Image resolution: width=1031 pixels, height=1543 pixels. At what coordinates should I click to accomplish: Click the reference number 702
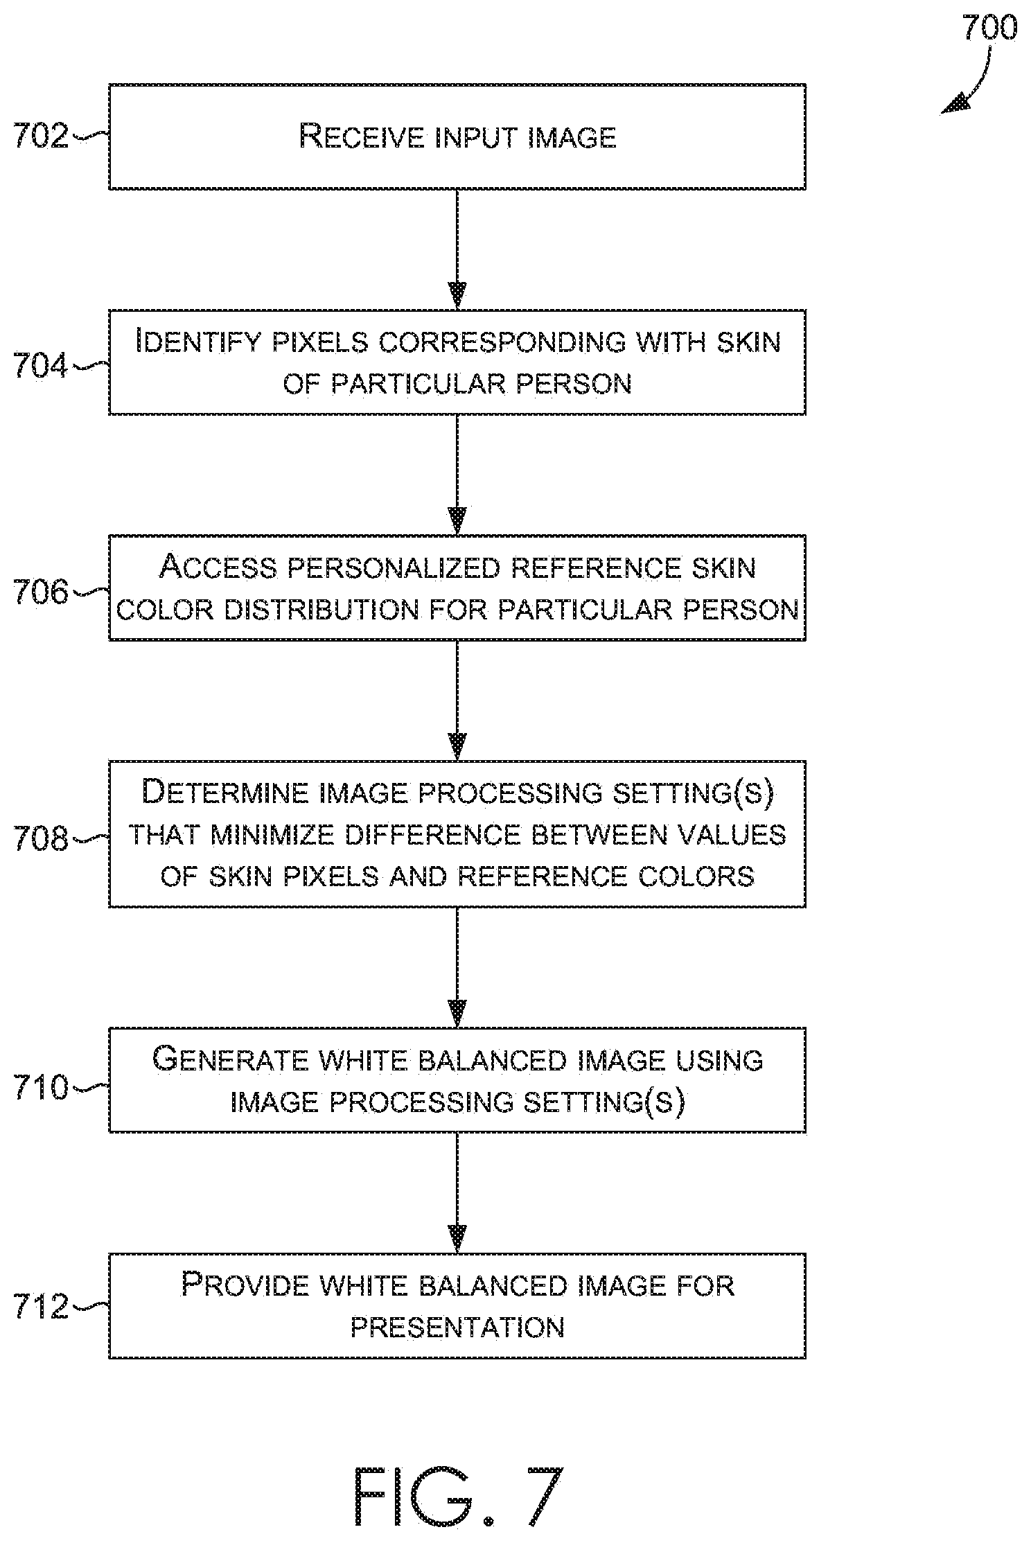click(x=41, y=136)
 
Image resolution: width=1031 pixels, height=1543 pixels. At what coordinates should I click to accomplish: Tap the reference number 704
click(x=41, y=366)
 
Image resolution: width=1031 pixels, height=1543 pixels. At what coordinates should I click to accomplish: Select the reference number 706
click(x=41, y=592)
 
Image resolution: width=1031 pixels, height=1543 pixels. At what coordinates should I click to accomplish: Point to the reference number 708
click(x=41, y=838)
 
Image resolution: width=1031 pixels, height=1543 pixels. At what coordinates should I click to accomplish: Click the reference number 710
click(x=41, y=1087)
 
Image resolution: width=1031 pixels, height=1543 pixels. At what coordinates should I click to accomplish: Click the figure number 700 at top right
click(x=989, y=28)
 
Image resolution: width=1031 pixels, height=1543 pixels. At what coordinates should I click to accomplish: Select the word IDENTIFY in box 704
click(x=198, y=341)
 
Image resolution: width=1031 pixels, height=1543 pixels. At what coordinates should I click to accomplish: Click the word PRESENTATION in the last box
click(x=457, y=1328)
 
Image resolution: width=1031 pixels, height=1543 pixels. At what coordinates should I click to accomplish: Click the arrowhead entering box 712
click(x=457, y=1240)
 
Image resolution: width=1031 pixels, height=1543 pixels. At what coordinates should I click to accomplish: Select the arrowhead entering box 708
click(x=457, y=747)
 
